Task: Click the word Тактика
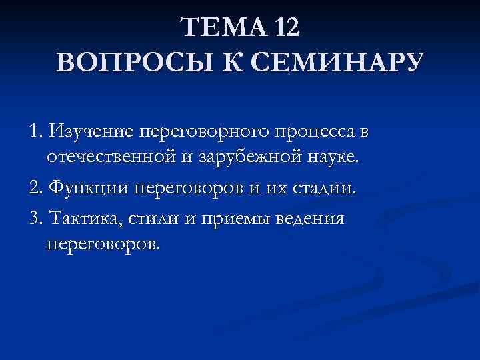pyautogui.click(x=79, y=219)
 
